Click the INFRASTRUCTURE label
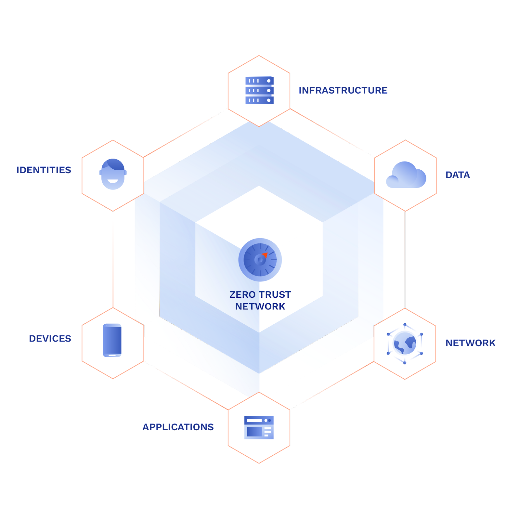343,90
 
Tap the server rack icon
259,90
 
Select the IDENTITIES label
44,170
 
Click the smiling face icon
113,174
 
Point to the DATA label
458,175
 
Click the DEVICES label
50,339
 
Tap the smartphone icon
112,340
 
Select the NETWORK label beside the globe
471,343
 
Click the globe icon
405,343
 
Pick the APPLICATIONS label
178,427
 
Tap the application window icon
259,427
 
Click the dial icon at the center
260,260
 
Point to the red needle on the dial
265,255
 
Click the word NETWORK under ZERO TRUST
260,306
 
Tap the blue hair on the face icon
112,164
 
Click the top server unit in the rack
259,81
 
